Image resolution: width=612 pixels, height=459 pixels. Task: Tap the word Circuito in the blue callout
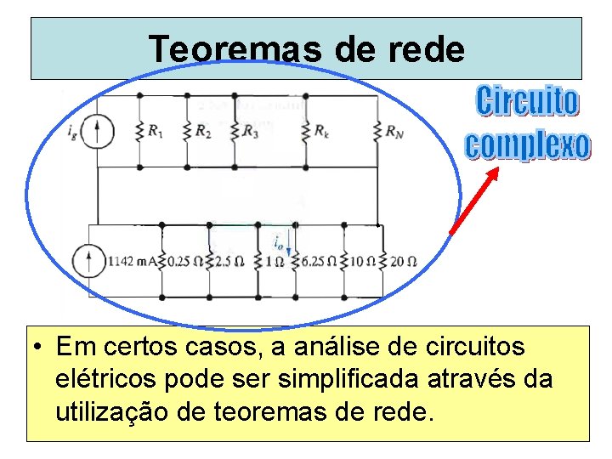[527, 101]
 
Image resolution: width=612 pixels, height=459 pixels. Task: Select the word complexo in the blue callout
[527, 144]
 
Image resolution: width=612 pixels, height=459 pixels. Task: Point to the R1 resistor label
[155, 131]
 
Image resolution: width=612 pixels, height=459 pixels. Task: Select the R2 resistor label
[202, 131]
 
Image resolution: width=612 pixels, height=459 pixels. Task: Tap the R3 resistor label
[250, 131]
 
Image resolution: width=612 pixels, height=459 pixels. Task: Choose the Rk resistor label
[321, 131]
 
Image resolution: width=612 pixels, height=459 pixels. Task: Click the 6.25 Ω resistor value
[320, 261]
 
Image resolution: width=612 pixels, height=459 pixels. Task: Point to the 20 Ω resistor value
[404, 261]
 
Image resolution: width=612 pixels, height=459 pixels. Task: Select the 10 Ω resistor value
[364, 261]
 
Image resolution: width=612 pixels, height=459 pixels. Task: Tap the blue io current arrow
[289, 247]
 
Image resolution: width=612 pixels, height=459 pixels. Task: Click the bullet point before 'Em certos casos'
[40, 348]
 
